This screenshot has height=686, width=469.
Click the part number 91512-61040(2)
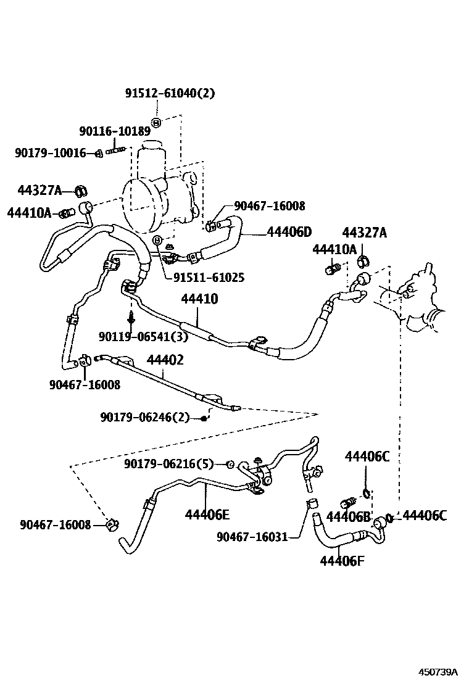170,94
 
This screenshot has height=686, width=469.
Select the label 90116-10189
115,131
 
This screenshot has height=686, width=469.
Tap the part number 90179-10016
51,153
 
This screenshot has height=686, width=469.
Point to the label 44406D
289,232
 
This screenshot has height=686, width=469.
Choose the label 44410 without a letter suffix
199,299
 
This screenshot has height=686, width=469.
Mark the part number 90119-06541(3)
143,336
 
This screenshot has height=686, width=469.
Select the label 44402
165,360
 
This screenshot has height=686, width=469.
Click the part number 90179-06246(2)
145,418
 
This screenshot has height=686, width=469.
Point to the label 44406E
207,514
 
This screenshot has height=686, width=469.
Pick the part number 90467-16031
252,537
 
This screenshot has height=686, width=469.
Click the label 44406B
348,516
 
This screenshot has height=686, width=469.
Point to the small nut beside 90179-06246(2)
204,418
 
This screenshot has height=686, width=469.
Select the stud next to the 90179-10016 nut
117,150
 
